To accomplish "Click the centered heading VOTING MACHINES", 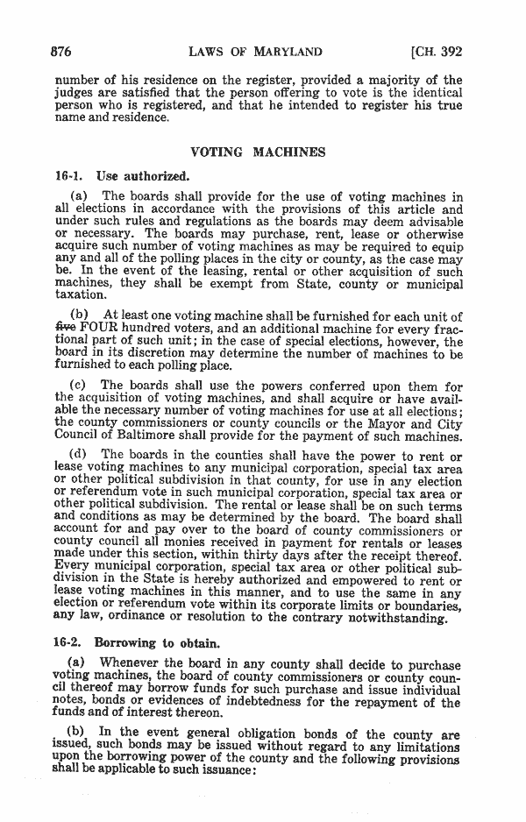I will pyautogui.click(x=258, y=152).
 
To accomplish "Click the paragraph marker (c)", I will pyautogui.click(x=78, y=386).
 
